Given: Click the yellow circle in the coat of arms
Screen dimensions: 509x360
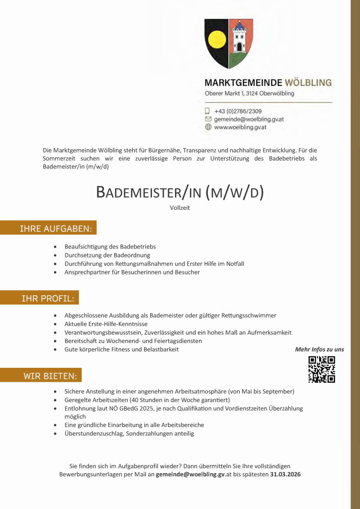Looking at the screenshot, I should coord(216,39).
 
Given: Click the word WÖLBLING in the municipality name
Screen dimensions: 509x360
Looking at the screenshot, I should coord(308,83).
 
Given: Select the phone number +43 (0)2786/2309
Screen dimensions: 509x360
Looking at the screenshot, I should coord(238,111).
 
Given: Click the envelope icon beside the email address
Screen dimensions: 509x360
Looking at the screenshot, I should coord(208,119).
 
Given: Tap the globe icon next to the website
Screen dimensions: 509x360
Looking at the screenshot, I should coord(208,127).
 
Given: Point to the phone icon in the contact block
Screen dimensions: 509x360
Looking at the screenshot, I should coord(208,111).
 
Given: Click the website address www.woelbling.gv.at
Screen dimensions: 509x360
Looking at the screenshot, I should coord(240,127).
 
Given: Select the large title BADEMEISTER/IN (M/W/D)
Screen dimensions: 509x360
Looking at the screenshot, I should coord(180,192).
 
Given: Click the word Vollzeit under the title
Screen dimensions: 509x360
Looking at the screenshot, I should coord(180,208).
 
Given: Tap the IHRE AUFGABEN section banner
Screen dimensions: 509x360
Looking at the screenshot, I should coord(55,229).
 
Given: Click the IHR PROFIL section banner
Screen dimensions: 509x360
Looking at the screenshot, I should coord(48,298).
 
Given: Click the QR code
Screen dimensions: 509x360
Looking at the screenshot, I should coord(321,369).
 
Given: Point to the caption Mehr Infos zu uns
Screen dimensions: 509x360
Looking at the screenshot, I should coord(319,349).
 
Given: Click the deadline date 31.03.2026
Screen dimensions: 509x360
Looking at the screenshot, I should coord(285,474).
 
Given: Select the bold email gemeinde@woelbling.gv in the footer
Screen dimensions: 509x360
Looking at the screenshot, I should coord(190,474).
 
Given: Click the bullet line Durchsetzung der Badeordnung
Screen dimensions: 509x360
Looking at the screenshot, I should coord(107,255).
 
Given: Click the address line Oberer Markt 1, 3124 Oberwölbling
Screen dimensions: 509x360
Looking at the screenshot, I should coord(250,93).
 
